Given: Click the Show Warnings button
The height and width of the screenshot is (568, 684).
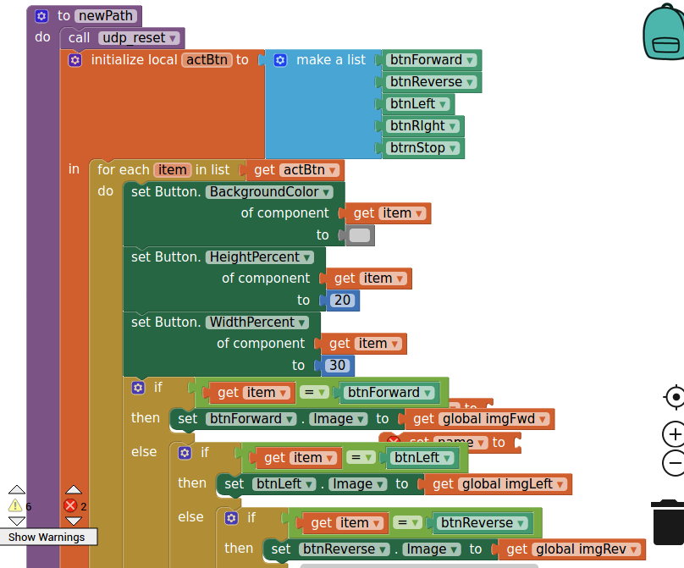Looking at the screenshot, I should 47,537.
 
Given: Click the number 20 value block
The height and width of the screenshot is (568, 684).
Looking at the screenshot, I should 342,301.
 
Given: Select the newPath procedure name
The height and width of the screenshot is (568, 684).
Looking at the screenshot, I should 108,15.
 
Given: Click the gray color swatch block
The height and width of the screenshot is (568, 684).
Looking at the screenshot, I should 360,235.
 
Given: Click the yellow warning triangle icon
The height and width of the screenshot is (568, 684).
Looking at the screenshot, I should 15,505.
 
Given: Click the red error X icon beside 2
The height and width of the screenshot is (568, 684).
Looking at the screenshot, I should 70,505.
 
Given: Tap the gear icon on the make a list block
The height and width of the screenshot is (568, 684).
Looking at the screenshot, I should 280,60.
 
